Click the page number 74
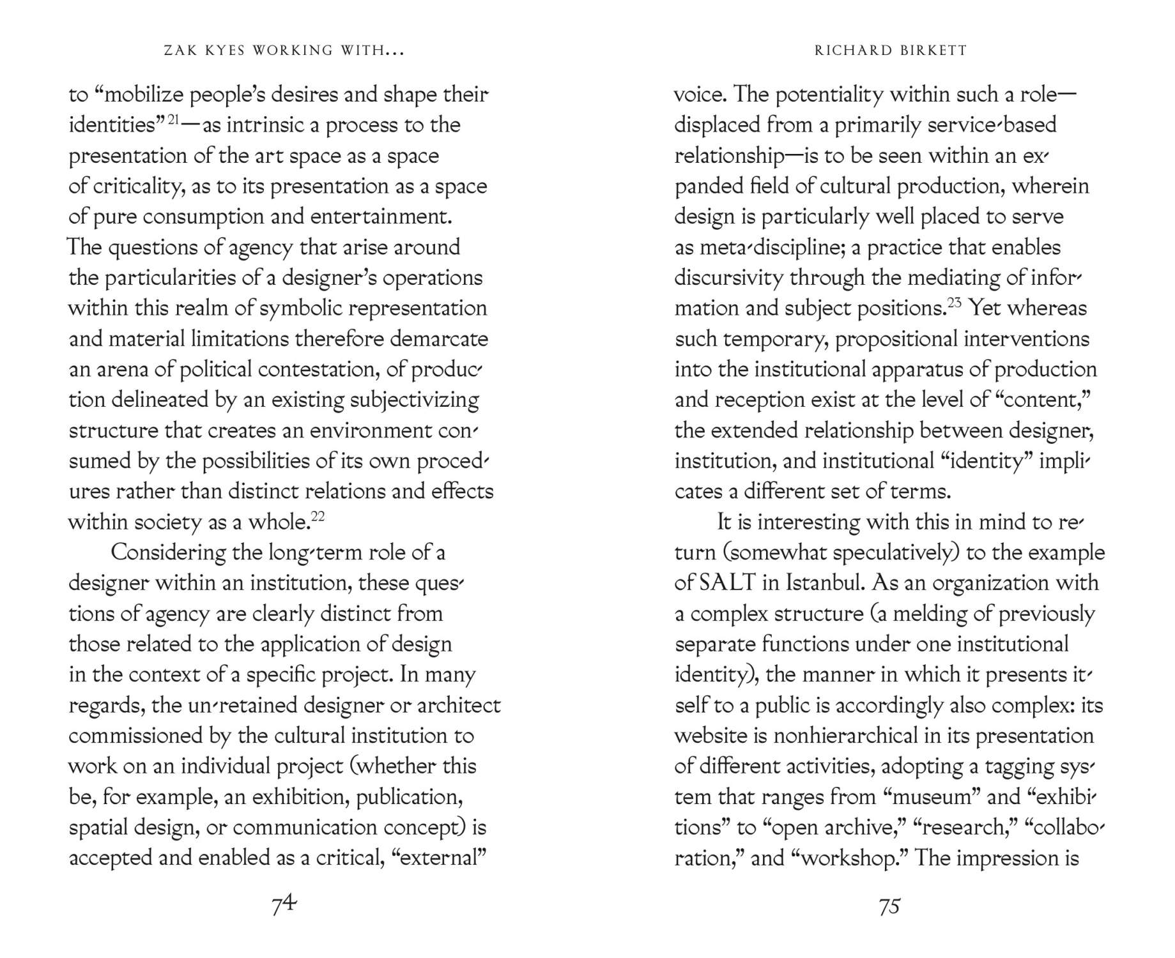click(284, 904)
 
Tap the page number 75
click(889, 906)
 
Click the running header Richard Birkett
click(891, 50)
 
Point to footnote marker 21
click(173, 119)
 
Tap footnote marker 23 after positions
click(955, 303)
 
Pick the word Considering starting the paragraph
click(168, 552)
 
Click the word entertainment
click(381, 217)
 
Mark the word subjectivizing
click(414, 400)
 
